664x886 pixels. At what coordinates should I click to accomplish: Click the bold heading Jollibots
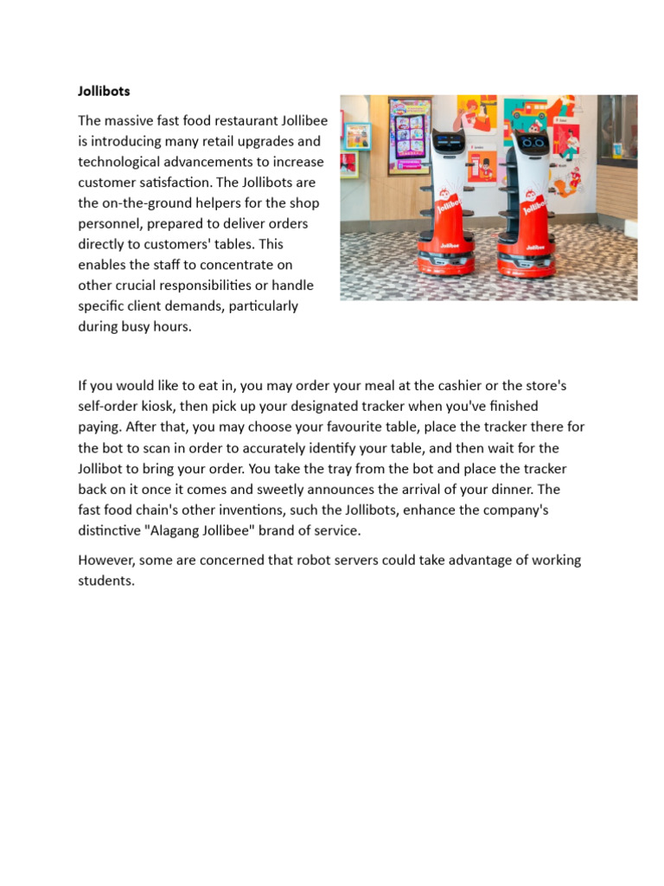click(104, 90)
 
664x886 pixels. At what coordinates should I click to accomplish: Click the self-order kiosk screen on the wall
click(409, 135)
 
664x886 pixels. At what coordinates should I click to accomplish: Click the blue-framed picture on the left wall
click(357, 136)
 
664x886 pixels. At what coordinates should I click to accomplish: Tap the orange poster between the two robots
click(482, 165)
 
